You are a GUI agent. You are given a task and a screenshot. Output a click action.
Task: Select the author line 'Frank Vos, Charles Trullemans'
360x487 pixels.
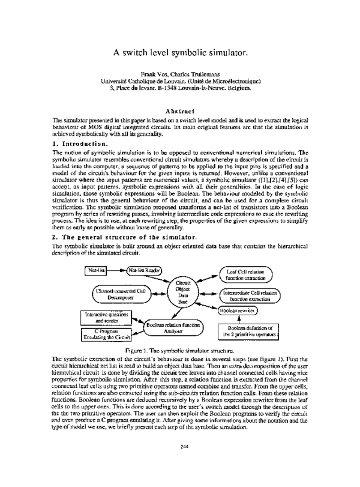pos(180,73)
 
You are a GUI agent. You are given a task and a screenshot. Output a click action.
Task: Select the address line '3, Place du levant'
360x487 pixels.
pos(180,88)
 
